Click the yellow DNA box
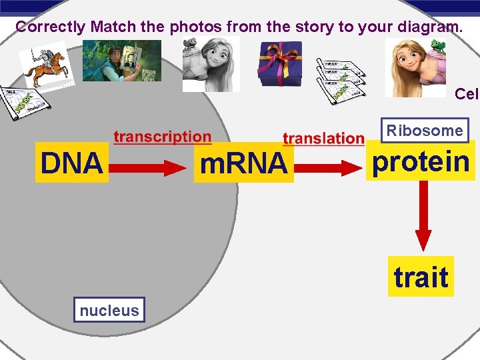(x=72, y=162)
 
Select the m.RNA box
(x=243, y=162)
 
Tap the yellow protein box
(x=421, y=161)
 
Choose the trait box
(x=421, y=277)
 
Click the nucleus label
(x=109, y=310)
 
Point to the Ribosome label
(x=425, y=131)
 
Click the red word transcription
(x=162, y=137)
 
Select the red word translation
(x=323, y=139)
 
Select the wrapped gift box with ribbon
(x=281, y=63)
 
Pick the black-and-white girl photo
(x=212, y=64)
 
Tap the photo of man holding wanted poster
(x=122, y=60)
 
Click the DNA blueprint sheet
(x=27, y=102)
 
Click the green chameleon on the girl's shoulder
(x=438, y=46)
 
